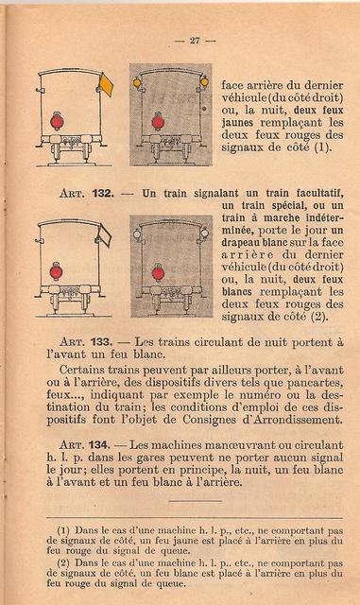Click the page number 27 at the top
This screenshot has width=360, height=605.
(x=195, y=40)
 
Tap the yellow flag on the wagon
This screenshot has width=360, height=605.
(x=106, y=85)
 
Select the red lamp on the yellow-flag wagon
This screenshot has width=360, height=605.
(x=57, y=122)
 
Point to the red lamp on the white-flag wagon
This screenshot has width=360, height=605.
(x=56, y=271)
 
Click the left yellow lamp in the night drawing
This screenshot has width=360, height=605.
(x=136, y=82)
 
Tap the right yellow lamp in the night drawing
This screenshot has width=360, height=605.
(x=204, y=82)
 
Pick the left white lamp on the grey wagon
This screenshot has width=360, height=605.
(x=137, y=233)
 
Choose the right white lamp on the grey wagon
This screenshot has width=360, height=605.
(x=204, y=233)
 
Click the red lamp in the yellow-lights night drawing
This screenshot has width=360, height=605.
(x=158, y=122)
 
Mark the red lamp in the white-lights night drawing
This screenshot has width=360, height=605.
(x=158, y=273)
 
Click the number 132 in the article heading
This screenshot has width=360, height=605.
(x=103, y=193)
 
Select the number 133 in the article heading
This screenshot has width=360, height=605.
(x=101, y=342)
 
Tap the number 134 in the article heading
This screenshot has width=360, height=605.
(x=99, y=445)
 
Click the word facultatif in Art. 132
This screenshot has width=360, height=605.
(x=320, y=193)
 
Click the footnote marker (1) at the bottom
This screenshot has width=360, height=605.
(x=63, y=530)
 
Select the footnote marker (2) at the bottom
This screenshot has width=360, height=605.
(x=63, y=563)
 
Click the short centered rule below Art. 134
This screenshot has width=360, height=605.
(x=196, y=501)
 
